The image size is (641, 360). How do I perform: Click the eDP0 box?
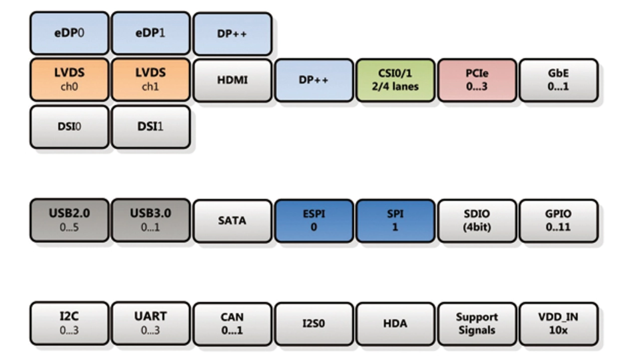(x=69, y=34)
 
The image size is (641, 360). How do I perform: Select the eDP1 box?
(x=150, y=34)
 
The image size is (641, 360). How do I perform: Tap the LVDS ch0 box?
(x=69, y=80)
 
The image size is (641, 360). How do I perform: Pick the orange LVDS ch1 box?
(x=150, y=80)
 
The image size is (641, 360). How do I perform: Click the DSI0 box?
(x=69, y=127)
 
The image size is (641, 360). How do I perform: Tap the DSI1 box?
(x=150, y=127)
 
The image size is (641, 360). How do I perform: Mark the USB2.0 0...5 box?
(x=69, y=220)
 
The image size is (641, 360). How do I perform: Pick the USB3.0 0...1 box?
(x=150, y=220)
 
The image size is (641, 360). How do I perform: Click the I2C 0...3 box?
(x=69, y=323)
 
